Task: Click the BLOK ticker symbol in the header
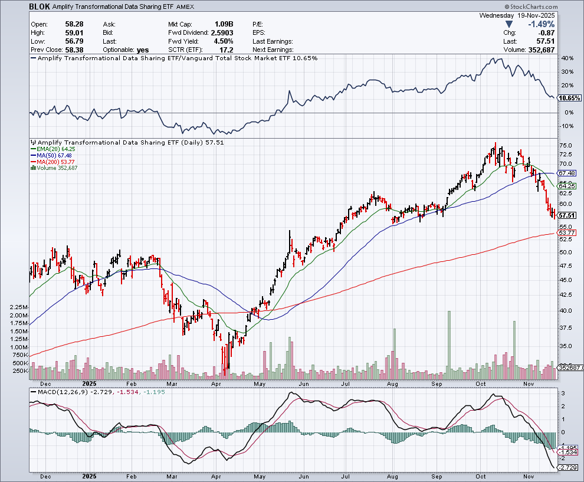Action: tap(38, 6)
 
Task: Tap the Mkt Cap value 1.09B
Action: tap(224, 24)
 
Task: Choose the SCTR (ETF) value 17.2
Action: tap(227, 50)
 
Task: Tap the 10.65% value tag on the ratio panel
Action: tap(569, 98)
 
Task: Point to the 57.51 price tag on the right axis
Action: tap(566, 216)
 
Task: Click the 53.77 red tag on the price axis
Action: tap(566, 234)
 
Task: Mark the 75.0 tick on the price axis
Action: tap(565, 145)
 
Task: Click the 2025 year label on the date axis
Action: tap(90, 476)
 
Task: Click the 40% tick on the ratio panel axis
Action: tap(567, 58)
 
